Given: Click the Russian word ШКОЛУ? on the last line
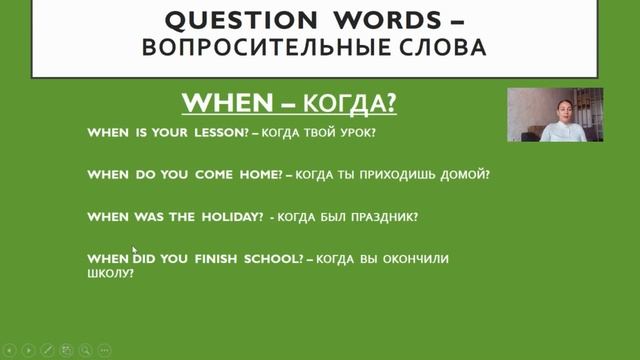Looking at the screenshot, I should point(110,273).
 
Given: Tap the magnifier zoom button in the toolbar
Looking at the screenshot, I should point(86,350).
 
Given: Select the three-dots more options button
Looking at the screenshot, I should point(105,350).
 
